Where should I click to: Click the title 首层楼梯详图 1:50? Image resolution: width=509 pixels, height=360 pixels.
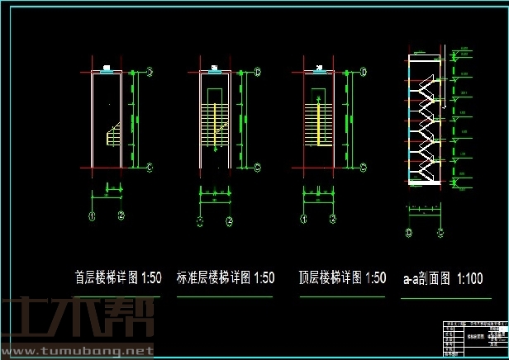pos(117,277)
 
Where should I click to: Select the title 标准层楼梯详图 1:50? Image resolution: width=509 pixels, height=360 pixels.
pos(226,277)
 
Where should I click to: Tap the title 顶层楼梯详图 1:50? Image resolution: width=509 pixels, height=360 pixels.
pos(343,277)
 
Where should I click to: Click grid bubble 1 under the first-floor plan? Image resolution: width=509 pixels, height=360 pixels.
pos(93,216)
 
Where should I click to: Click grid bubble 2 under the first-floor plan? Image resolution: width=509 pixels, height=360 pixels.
pos(121,216)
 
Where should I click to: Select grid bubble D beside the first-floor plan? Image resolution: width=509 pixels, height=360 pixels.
pos(149,72)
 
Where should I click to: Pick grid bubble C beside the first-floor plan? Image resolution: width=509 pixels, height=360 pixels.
pos(149,168)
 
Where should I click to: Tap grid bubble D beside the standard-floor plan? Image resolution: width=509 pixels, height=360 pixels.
pos(257,72)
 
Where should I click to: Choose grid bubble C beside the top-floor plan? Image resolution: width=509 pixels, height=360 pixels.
pos(364,168)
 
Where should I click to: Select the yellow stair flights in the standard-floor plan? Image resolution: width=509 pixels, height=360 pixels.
pos(217,124)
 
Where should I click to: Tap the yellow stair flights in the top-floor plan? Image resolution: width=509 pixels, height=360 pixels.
pos(316,124)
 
